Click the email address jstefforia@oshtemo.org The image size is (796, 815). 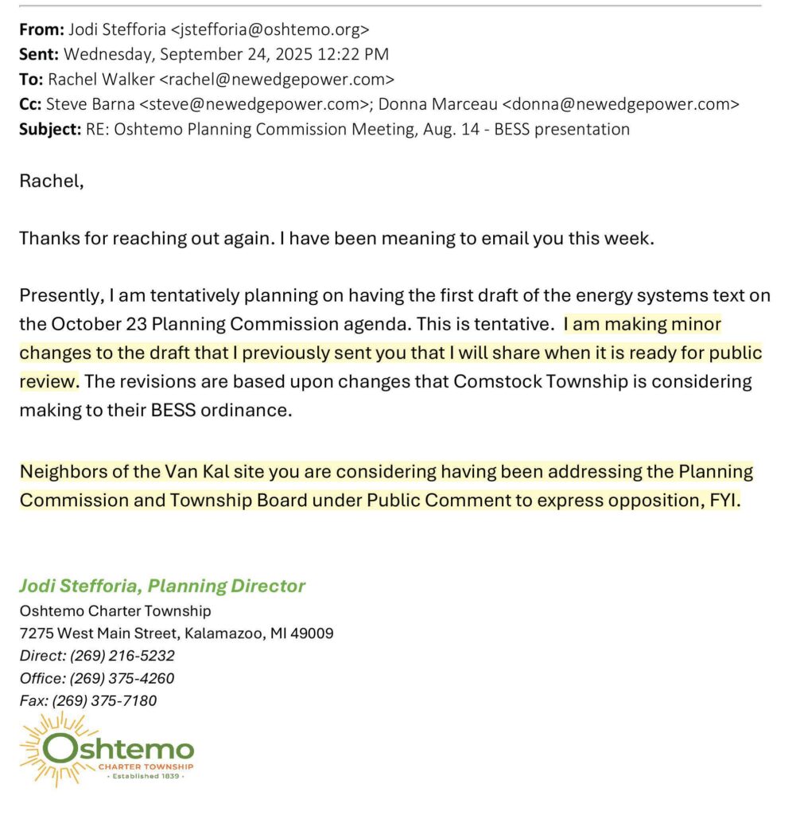270,30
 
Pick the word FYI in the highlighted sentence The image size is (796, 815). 723,500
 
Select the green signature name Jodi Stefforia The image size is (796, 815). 79,587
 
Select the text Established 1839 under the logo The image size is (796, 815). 145,776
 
